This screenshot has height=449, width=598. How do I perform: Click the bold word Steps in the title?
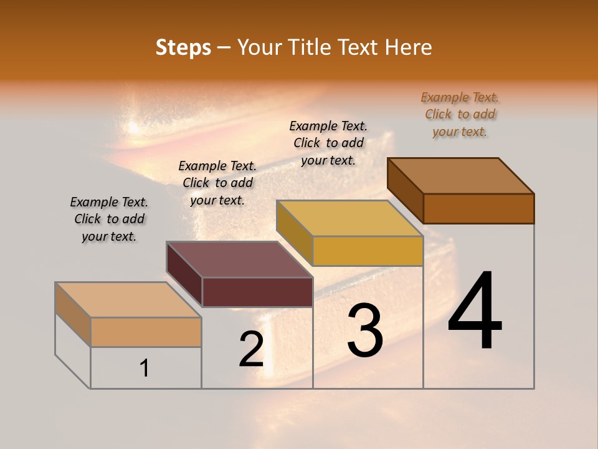tap(183, 47)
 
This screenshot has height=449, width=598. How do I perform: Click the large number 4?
tap(475, 311)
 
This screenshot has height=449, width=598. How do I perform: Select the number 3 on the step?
tap(364, 331)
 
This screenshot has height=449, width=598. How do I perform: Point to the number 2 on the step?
tap(252, 349)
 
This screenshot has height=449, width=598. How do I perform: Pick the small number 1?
tap(145, 369)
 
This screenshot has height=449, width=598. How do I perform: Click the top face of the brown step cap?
tap(461, 176)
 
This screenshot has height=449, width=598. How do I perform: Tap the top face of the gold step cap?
tap(350, 218)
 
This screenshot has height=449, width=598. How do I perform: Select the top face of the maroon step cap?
tap(240, 259)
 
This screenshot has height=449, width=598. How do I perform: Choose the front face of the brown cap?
tap(478, 208)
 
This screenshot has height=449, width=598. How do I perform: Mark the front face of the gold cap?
tap(368, 251)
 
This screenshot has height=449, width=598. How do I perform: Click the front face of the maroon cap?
tap(257, 292)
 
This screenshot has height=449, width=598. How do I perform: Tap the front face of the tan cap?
tap(146, 332)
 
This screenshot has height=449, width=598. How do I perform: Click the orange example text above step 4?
tap(460, 114)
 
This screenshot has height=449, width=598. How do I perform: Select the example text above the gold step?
tap(328, 143)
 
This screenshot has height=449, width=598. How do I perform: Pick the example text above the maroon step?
tap(217, 183)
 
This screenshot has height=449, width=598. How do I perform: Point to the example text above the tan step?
tap(109, 219)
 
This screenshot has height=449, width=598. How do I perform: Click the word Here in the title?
tap(409, 47)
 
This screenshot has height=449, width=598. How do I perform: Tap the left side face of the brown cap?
tap(405, 190)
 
